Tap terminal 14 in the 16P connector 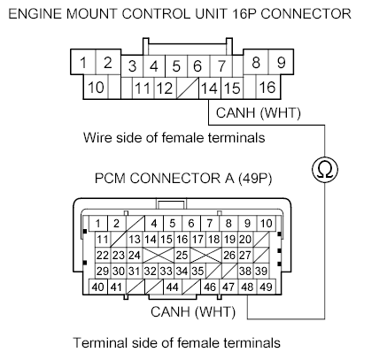point(209,88)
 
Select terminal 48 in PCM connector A point(247,287)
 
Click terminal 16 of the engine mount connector point(267,88)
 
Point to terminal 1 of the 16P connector point(83,63)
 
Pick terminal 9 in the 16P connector point(279,63)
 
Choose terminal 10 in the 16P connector point(97,88)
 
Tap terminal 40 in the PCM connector point(97,287)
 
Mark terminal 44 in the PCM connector point(171,287)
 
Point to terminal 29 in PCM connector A point(102,271)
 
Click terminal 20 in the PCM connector point(245,239)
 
